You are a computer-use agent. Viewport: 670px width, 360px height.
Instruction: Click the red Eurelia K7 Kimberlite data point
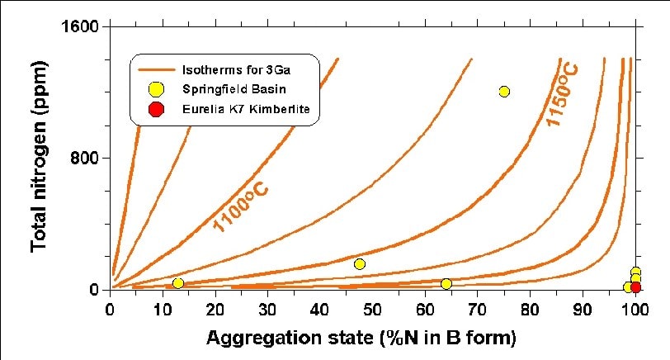click(x=635, y=287)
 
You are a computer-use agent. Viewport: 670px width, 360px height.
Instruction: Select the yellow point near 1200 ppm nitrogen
click(x=504, y=91)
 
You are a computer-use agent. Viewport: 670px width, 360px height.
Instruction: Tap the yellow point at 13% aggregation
click(x=178, y=283)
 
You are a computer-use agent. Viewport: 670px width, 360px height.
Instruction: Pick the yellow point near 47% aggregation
click(x=359, y=264)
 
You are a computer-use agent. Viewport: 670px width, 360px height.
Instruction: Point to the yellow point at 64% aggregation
click(x=446, y=284)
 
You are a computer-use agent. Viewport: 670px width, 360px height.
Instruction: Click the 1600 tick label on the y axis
click(x=81, y=26)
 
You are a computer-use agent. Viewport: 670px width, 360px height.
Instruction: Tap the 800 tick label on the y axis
click(x=86, y=158)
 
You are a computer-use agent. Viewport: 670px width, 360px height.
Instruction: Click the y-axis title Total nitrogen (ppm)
click(x=38, y=157)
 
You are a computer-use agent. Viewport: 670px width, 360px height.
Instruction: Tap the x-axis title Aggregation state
click(x=361, y=338)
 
